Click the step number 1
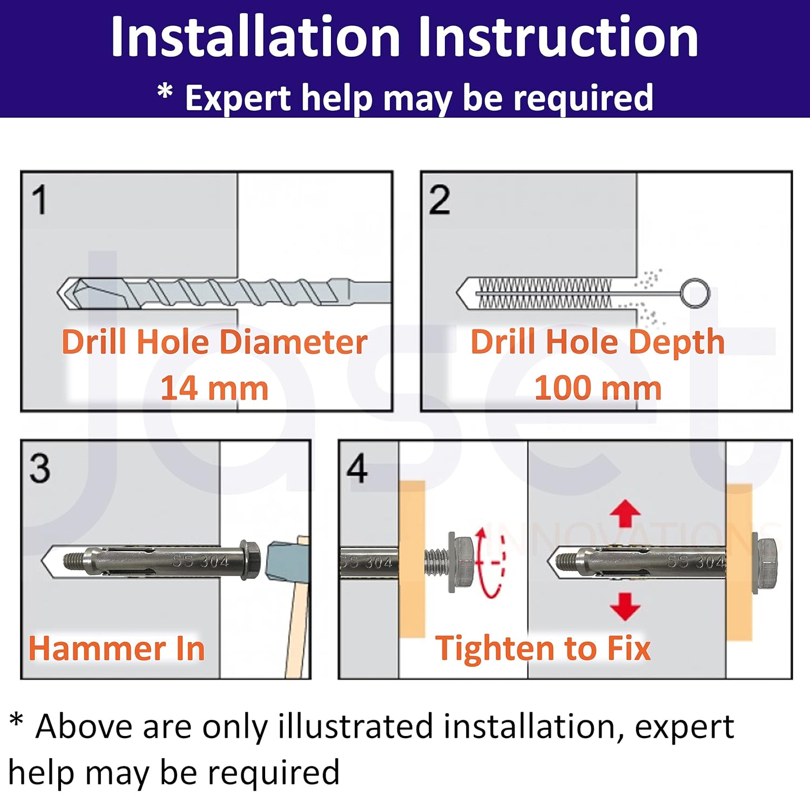[x=39, y=200]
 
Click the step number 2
[x=440, y=200]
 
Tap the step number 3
[x=40, y=468]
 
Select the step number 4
[x=357, y=468]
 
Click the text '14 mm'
[x=214, y=388]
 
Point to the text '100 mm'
[x=598, y=388]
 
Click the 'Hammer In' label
[x=117, y=648]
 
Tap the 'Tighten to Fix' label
[x=543, y=648]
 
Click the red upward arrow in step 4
[x=625, y=513]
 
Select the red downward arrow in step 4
[x=625, y=606]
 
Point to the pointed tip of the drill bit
[x=58, y=293]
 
